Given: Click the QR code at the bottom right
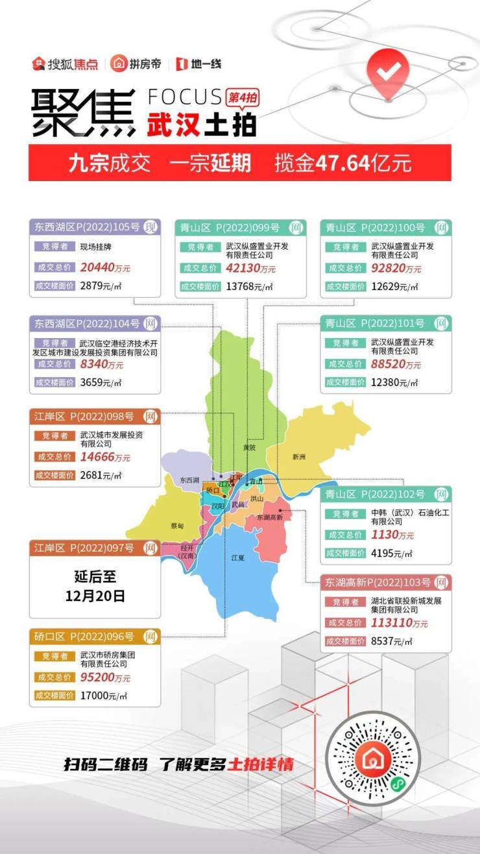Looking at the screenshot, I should pyautogui.click(x=374, y=758).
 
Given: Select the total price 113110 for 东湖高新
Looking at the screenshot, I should pyautogui.click(x=390, y=623).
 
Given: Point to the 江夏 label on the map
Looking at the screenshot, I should pyautogui.click(x=237, y=557).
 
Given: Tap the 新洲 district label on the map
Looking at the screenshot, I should pyautogui.click(x=298, y=457).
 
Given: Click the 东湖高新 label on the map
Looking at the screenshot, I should pyautogui.click(x=269, y=517).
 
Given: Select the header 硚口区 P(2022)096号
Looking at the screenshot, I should pyautogui.click(x=84, y=636).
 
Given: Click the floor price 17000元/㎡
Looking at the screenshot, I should pyautogui.click(x=103, y=696).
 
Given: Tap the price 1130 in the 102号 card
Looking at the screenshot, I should pyautogui.click(x=384, y=535).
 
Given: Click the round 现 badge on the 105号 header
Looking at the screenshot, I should pyautogui.click(x=150, y=227).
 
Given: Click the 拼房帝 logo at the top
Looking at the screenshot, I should pyautogui.click(x=136, y=64).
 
